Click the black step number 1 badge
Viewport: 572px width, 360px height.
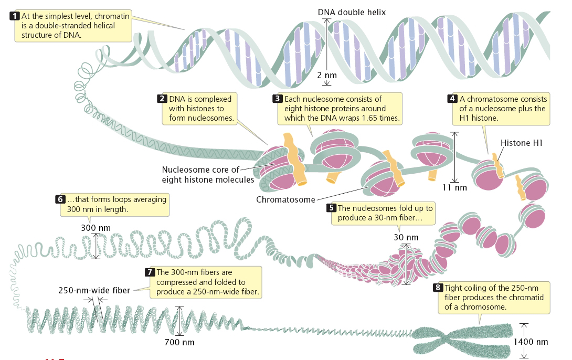tap(16, 16)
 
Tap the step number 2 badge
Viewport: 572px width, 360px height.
tap(162, 99)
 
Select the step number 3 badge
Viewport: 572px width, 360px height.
tap(278, 99)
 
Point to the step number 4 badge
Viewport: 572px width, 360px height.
tap(452, 99)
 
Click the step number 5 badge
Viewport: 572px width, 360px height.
tap(331, 208)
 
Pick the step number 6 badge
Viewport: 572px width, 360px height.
tap(59, 199)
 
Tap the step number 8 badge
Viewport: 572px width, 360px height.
tap(438, 288)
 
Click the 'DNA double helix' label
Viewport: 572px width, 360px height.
tap(352, 12)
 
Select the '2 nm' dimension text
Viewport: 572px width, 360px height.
tap(326, 75)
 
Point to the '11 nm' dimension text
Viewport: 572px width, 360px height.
tap(454, 187)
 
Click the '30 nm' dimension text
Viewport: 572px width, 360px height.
tap(406, 237)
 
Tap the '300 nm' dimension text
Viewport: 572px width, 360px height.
tap(96, 228)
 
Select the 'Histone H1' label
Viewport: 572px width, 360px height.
tap(521, 143)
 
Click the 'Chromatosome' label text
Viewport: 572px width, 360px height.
tap(286, 199)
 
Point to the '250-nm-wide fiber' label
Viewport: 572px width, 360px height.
tap(94, 290)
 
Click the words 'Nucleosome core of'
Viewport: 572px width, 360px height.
tap(200, 170)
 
